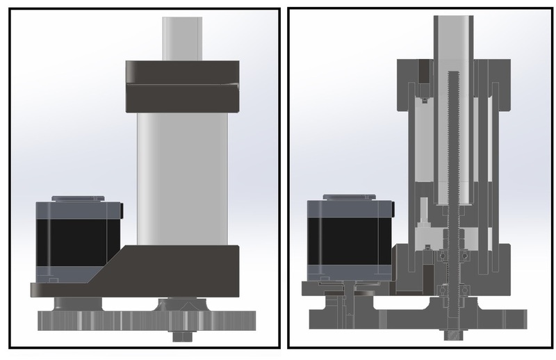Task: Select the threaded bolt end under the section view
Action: pyautogui.click(x=454, y=336)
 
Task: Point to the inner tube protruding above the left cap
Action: pyautogui.click(x=182, y=38)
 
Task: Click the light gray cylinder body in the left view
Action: pyautogui.click(x=182, y=177)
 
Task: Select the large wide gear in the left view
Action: pyautogui.click(x=146, y=320)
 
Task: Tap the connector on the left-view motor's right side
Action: pyautogui.click(x=122, y=208)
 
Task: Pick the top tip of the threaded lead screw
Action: pyautogui.click(x=454, y=74)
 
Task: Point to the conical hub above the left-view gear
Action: pyautogui.click(x=182, y=304)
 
